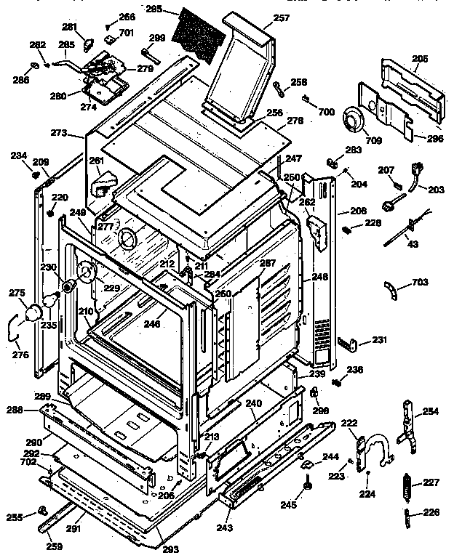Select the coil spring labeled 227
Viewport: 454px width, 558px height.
(x=408, y=483)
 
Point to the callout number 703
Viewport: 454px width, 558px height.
(x=420, y=283)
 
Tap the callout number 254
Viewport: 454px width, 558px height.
(x=431, y=411)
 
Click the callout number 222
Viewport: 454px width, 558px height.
(x=349, y=424)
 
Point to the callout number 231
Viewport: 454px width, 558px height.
(x=380, y=339)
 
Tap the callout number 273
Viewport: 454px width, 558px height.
(x=58, y=134)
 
